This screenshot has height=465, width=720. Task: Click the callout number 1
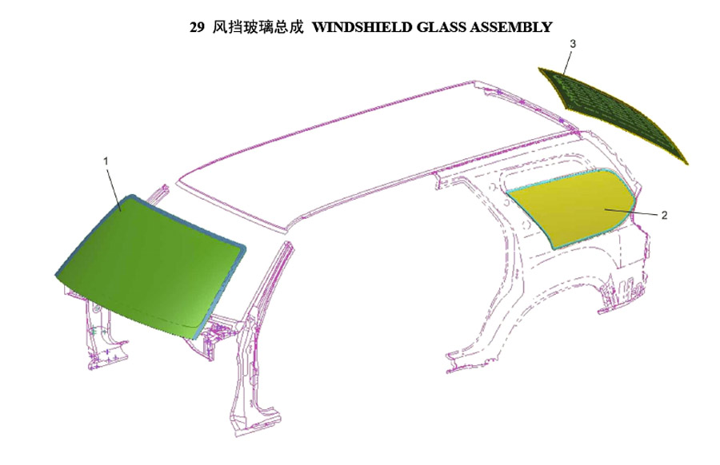[106, 161]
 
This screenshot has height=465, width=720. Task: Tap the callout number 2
[664, 215]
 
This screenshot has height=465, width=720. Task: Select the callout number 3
[573, 44]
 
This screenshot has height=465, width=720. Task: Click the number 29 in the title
[197, 27]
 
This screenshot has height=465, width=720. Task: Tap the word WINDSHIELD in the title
[362, 27]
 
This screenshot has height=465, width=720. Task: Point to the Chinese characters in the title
[258, 27]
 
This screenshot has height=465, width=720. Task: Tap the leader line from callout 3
[567, 62]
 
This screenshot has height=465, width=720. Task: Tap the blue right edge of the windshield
[221, 293]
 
